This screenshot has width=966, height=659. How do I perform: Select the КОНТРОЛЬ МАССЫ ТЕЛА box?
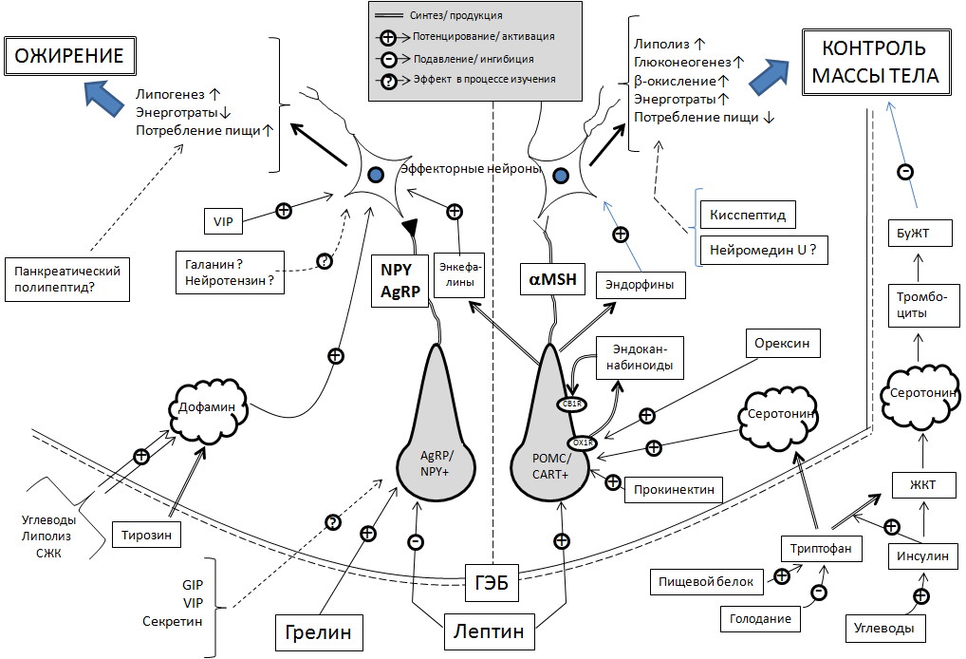point(873,63)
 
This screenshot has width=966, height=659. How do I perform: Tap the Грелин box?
point(320,631)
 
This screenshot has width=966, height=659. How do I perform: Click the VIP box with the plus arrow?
point(224,222)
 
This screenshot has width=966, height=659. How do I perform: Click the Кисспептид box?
point(746,215)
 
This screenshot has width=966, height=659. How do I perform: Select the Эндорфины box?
point(634,282)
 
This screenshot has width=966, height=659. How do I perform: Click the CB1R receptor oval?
point(573,404)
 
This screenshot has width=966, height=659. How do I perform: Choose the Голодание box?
point(761,618)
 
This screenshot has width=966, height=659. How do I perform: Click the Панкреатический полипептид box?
point(66,278)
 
